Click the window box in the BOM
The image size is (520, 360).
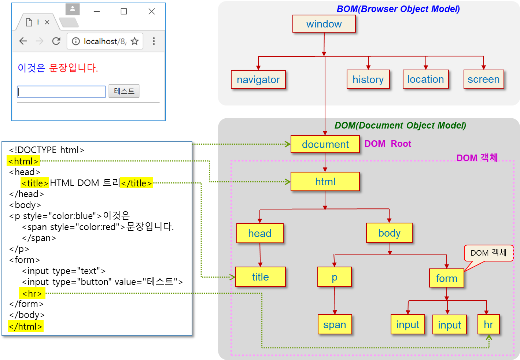(324, 24)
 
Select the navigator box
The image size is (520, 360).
(258, 79)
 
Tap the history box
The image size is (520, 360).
(368, 79)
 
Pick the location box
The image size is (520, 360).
(425, 79)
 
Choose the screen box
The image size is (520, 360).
(483, 79)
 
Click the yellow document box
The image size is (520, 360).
(325, 144)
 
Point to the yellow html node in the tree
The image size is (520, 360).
(325, 182)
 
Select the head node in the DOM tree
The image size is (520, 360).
(260, 233)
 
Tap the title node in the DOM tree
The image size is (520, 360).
(260, 277)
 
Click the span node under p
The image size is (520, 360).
(335, 324)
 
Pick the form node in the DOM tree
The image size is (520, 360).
(446, 278)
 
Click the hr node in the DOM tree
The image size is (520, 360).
(488, 324)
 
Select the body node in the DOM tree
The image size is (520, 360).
(389, 233)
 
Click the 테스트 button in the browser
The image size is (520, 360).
(124, 91)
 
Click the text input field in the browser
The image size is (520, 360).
(61, 92)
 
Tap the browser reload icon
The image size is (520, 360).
(56, 41)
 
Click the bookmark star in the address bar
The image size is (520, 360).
(134, 41)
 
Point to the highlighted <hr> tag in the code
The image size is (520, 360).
(32, 293)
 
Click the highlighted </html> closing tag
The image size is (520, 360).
(26, 326)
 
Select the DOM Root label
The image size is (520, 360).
(388, 144)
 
